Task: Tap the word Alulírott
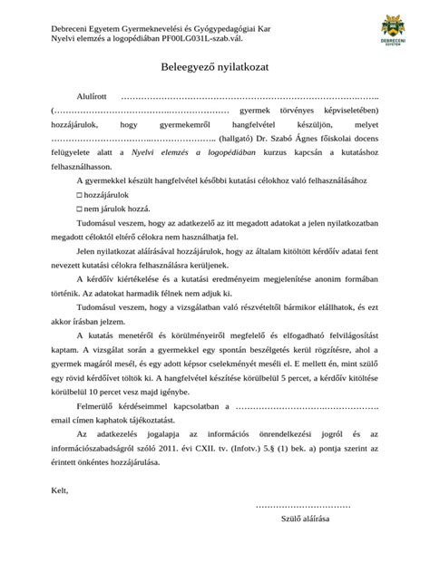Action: coord(90,94)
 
